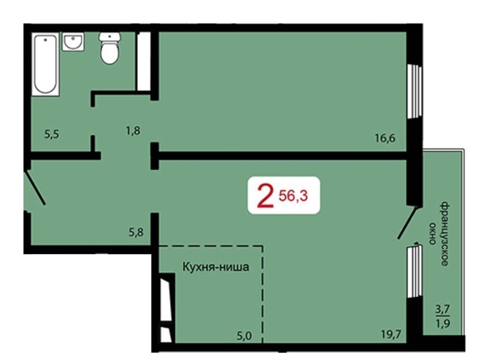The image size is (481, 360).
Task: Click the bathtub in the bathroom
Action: click(45, 65)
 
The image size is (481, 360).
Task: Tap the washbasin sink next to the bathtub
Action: click(73, 42)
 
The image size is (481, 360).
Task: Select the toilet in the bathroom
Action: click(109, 48)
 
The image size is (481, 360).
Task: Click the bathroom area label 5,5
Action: click(52, 134)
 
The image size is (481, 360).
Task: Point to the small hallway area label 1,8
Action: click(133, 131)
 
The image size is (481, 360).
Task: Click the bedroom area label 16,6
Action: click(385, 138)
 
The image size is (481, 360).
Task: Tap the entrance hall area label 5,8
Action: click(136, 232)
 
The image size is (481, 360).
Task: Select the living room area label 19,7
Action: click(391, 334)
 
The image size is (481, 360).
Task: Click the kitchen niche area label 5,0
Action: click(245, 336)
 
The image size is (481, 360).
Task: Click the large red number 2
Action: click(266, 195)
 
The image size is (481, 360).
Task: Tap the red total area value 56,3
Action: click(293, 196)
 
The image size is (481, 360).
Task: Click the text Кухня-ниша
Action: click(215, 267)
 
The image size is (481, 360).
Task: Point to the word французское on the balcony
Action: click(445, 234)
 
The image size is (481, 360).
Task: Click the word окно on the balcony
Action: click(432, 234)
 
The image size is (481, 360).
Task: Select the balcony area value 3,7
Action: click(443, 309)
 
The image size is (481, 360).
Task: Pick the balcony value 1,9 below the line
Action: click(443, 324)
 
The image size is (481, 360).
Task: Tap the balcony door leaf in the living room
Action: click(407, 222)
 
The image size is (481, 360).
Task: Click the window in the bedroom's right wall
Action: click(415, 91)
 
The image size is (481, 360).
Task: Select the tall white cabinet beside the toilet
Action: click(143, 61)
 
